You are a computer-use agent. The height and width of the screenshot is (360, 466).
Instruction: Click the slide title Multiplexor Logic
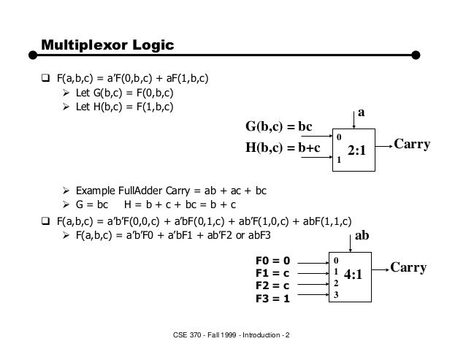107,45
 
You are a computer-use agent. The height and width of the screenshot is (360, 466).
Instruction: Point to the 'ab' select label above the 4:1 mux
362,237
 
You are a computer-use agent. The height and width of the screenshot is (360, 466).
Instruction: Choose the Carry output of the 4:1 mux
408,269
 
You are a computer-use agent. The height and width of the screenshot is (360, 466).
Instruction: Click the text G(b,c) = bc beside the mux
278,129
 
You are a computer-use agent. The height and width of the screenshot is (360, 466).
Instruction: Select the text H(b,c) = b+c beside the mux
282,149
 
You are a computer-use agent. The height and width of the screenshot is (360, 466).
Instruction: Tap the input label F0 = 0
273,259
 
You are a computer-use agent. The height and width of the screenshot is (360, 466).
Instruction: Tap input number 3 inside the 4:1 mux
335,294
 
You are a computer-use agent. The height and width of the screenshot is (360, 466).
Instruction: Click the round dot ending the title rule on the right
416,54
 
